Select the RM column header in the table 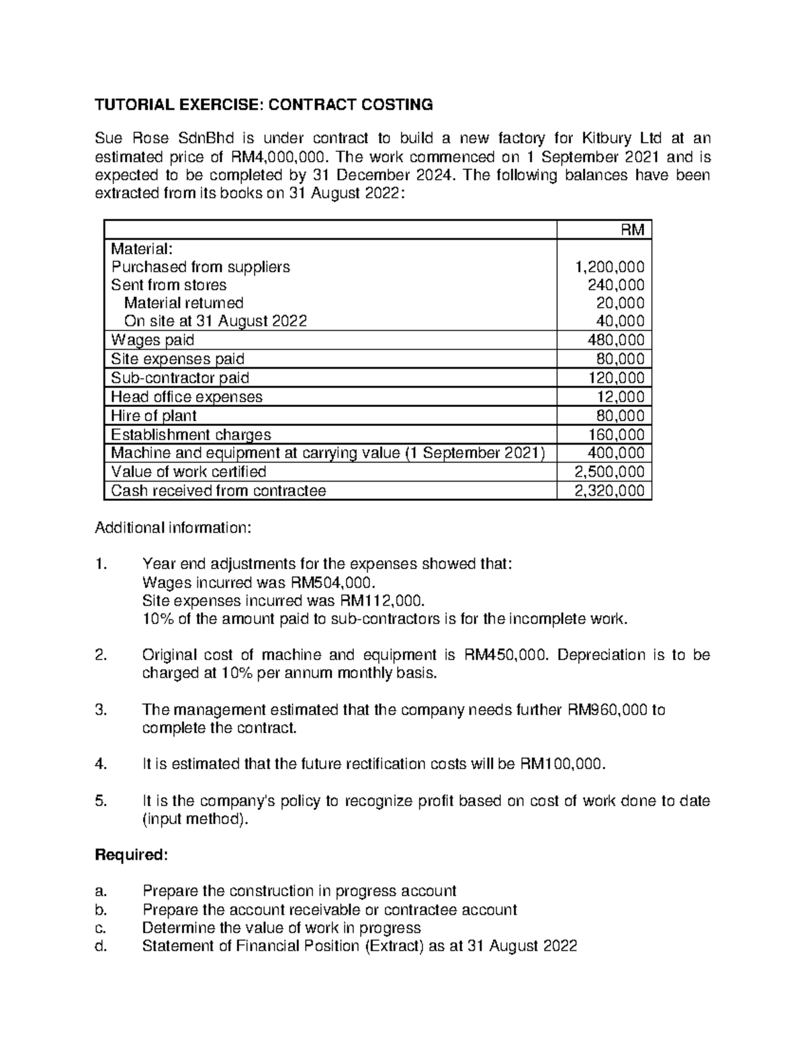(632, 230)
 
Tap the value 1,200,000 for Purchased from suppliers (610, 267)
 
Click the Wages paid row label (152, 340)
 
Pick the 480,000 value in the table (616, 340)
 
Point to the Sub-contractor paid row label (180, 377)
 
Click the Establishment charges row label (191, 434)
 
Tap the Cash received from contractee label (218, 490)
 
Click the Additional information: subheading (173, 528)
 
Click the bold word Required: (131, 855)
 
